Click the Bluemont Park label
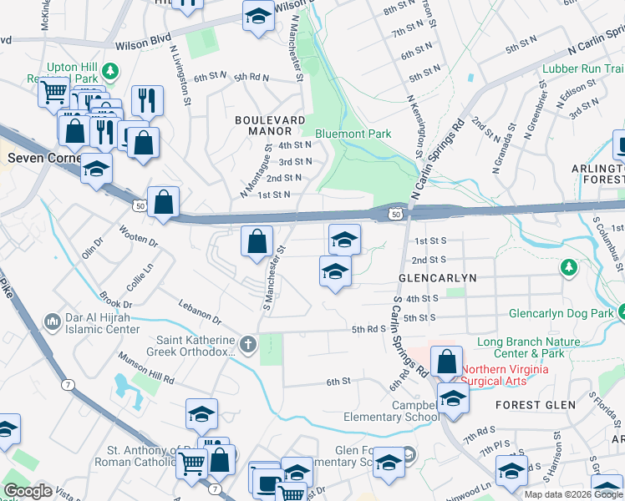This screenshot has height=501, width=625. pos(353,134)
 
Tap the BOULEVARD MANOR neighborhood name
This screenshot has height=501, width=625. pos(269,125)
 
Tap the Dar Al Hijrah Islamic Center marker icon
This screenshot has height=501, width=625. pos(52,321)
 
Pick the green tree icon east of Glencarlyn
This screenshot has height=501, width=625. pos(569,267)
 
